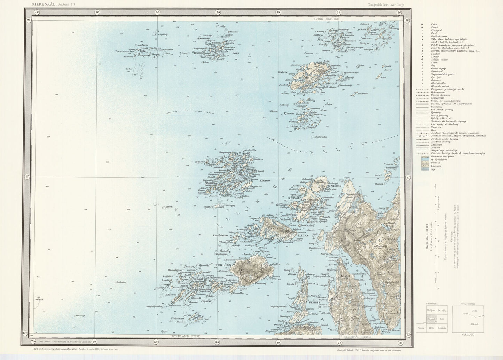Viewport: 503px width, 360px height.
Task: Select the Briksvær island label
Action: coord(284,72)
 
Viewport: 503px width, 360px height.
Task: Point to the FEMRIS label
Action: coord(309,302)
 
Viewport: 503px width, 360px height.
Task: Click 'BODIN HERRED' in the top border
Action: coord(326,19)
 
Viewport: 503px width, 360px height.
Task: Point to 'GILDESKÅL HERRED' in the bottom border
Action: coord(357,337)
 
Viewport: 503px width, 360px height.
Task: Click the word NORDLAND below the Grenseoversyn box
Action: coord(467,334)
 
